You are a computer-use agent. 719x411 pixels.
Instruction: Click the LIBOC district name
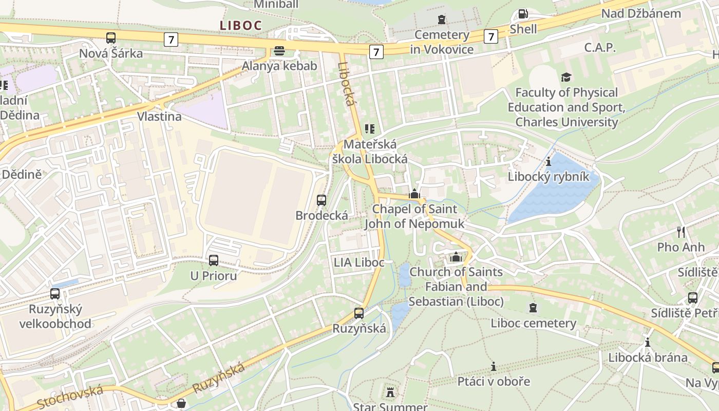pyautogui.click(x=241, y=25)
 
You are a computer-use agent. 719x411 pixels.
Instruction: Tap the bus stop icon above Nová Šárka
pyautogui.click(x=111, y=38)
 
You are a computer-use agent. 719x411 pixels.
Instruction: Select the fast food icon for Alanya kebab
pyautogui.click(x=279, y=50)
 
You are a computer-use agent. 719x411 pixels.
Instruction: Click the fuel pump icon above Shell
pyautogui.click(x=523, y=14)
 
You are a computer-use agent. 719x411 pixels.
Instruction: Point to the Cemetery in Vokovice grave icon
pyautogui.click(x=442, y=20)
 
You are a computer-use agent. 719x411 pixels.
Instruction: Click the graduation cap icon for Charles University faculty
pyautogui.click(x=566, y=77)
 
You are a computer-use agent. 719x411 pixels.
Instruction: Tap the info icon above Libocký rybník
pyautogui.click(x=548, y=161)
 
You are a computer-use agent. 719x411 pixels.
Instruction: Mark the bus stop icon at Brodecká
pyautogui.click(x=321, y=200)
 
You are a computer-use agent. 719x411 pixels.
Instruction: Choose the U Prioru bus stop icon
pyautogui.click(x=214, y=260)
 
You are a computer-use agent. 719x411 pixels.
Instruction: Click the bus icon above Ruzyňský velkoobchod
pyautogui.click(x=55, y=294)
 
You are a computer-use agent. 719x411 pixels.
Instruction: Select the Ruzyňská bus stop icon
pyautogui.click(x=359, y=313)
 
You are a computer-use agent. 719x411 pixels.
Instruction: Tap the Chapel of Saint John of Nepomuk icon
pyautogui.click(x=414, y=194)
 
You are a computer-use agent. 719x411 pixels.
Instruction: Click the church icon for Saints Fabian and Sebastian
pyautogui.click(x=456, y=257)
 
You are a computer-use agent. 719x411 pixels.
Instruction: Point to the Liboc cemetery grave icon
pyautogui.click(x=533, y=308)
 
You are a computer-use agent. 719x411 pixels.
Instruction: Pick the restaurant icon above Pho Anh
pyautogui.click(x=681, y=232)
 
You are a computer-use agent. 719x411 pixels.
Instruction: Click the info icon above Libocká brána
pyautogui.click(x=647, y=342)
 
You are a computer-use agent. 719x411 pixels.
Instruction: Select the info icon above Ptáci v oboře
pyautogui.click(x=494, y=366)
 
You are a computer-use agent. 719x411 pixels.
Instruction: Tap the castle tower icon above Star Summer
pyautogui.click(x=390, y=393)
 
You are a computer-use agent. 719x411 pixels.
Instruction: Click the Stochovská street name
pyautogui.click(x=70, y=396)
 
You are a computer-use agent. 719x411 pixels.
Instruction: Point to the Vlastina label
pyautogui.click(x=159, y=116)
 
